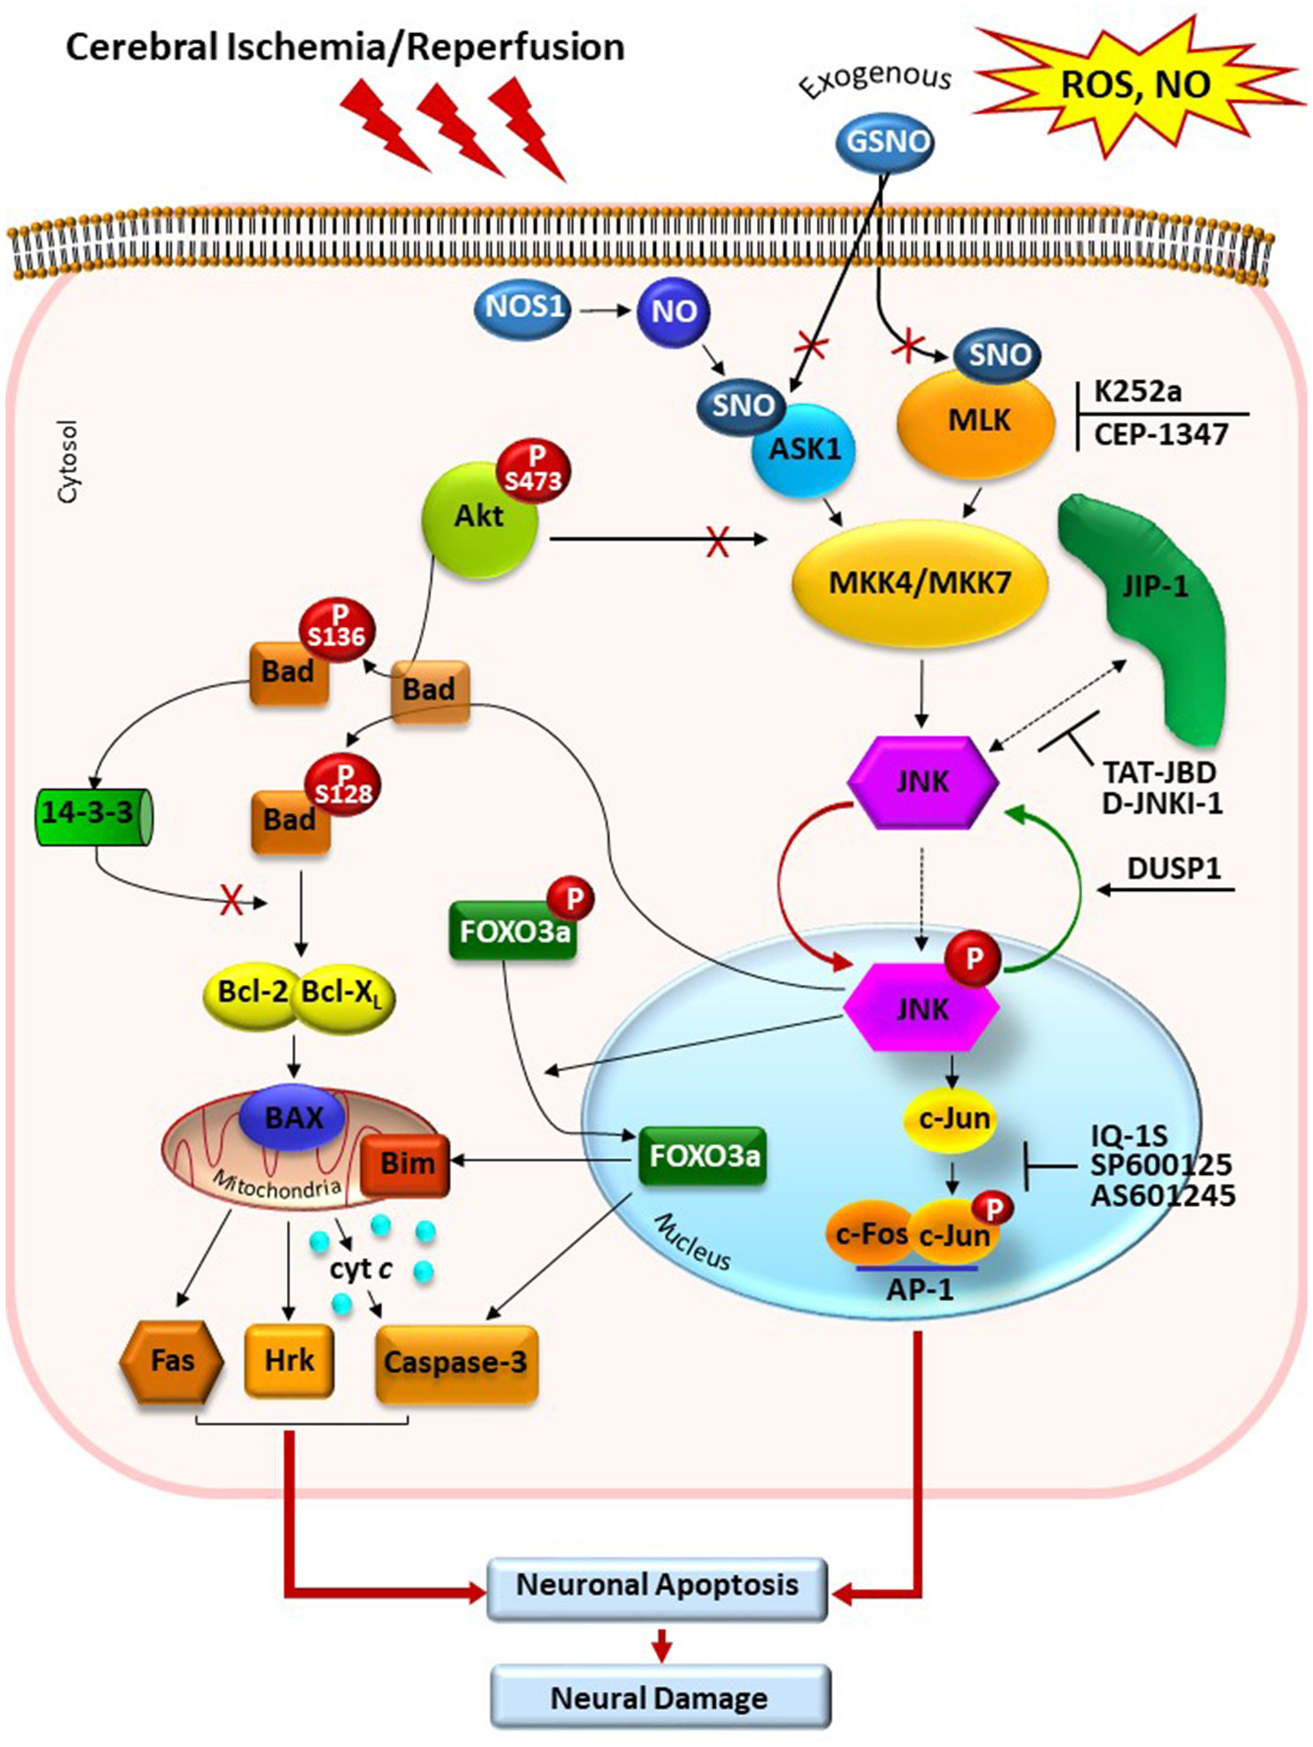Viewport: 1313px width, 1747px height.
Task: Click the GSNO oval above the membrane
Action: [884, 142]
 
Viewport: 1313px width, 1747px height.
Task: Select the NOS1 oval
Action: [523, 308]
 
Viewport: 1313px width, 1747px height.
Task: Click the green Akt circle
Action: [479, 519]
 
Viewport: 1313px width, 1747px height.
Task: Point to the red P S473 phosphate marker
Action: [534, 470]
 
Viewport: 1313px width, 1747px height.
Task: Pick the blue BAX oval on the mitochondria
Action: [293, 1119]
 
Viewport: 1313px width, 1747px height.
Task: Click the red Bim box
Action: [405, 1165]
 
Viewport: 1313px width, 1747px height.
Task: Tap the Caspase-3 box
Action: [456, 1363]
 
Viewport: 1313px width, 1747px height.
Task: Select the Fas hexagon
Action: [172, 1361]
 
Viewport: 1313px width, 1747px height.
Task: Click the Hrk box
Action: [289, 1360]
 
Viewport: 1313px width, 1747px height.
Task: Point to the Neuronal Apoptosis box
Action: [657, 1586]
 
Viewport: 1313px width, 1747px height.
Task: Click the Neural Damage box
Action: [660, 1697]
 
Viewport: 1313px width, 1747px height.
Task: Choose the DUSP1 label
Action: [1173, 868]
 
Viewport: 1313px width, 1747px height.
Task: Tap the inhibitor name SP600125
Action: [1161, 1166]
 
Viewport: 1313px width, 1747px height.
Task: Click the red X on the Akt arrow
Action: [718, 542]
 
